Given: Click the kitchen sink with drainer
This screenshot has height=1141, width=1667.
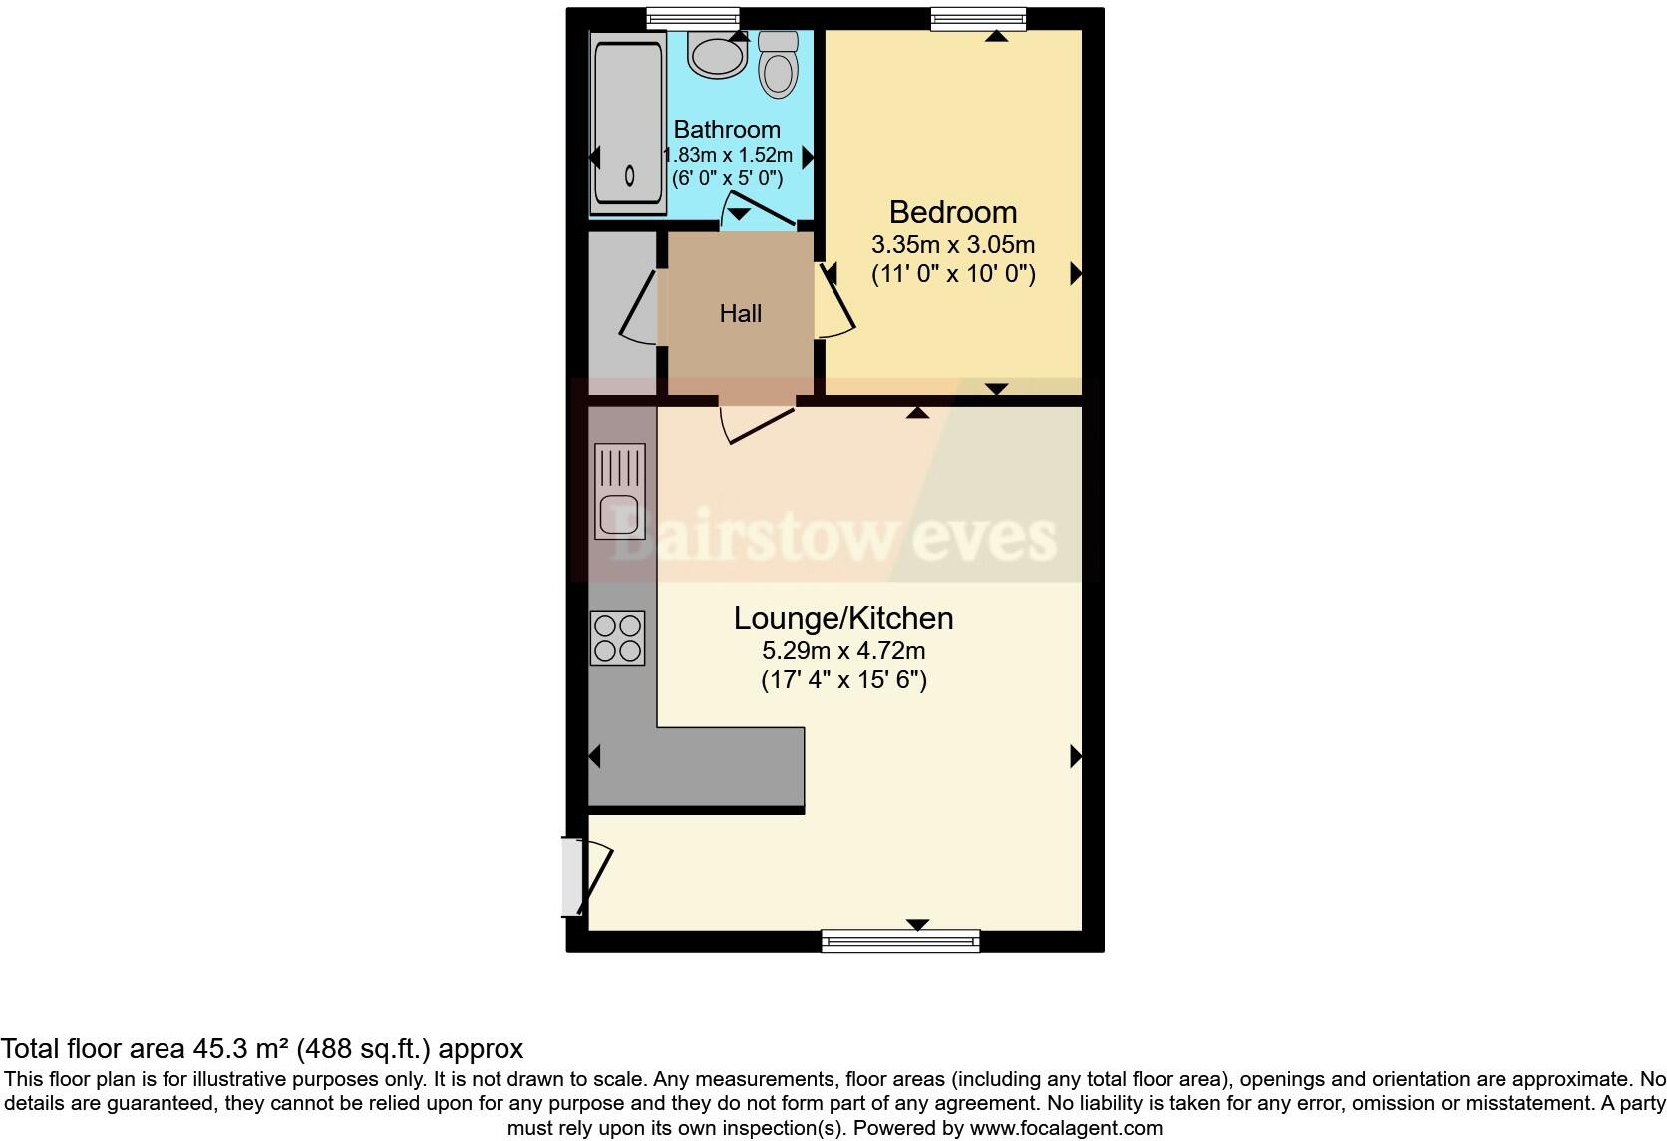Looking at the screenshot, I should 619,491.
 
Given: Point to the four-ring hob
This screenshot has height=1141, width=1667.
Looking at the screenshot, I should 618,638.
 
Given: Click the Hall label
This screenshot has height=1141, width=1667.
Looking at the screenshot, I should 741,314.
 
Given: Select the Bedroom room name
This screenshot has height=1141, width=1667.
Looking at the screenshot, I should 952,212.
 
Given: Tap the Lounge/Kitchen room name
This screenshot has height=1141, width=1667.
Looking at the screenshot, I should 843,618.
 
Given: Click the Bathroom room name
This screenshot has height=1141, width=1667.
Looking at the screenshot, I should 727,129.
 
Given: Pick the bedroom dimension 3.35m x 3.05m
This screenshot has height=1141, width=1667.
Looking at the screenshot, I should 952,244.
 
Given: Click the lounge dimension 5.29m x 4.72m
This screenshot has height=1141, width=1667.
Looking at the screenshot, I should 843,651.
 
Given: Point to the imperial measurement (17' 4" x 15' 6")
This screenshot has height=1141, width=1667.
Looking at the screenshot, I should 843,681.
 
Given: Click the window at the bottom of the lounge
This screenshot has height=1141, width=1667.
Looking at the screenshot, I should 900,940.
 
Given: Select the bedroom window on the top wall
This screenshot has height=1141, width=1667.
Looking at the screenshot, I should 978,19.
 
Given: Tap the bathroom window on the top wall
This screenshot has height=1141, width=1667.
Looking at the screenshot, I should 692,19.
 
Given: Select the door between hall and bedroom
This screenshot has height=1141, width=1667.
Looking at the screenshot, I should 835,299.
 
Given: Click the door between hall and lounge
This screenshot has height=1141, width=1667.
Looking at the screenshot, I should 758,421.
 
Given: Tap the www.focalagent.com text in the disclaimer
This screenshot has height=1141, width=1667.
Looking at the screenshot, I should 1065,1128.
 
